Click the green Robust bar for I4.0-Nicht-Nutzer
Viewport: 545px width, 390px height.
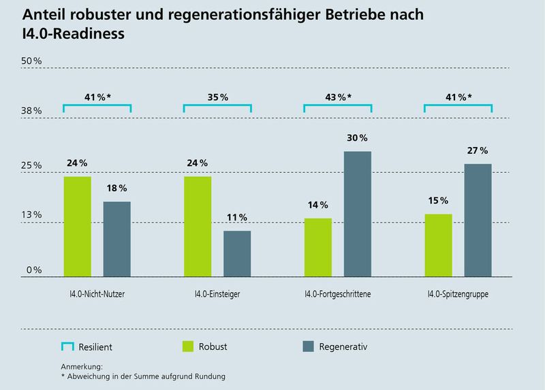(x=77, y=226)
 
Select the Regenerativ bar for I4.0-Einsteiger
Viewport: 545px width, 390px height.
(x=237, y=253)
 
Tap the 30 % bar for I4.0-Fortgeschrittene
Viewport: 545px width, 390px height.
(x=357, y=214)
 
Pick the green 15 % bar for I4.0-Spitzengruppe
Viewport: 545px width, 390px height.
(x=438, y=245)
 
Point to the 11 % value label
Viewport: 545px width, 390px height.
(x=237, y=217)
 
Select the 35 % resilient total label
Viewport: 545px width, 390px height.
(x=217, y=97)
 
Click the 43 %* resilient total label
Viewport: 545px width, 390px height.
(x=338, y=97)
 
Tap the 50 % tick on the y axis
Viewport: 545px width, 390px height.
(x=32, y=61)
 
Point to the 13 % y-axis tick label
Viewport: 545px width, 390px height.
(x=32, y=215)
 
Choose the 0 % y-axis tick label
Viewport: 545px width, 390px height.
(x=34, y=270)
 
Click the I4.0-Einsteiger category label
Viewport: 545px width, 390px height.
(x=217, y=295)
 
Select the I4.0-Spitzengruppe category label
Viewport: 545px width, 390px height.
(x=458, y=295)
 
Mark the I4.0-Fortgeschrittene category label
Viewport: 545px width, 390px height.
(x=338, y=295)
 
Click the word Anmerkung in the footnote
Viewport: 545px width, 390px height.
(x=81, y=367)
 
